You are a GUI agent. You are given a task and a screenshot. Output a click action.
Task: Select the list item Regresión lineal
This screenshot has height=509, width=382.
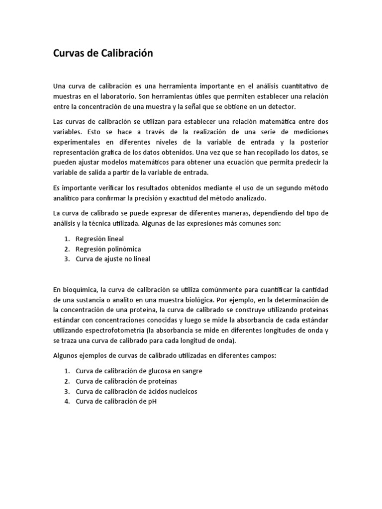click(99, 239)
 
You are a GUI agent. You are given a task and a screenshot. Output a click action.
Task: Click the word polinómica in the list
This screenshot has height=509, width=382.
click(121, 249)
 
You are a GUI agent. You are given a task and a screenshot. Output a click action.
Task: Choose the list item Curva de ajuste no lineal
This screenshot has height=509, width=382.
click(112, 259)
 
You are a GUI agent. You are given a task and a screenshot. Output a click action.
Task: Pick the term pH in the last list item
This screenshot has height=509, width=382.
click(152, 402)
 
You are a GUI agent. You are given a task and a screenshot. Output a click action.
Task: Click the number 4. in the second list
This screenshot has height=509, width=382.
click(67, 402)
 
